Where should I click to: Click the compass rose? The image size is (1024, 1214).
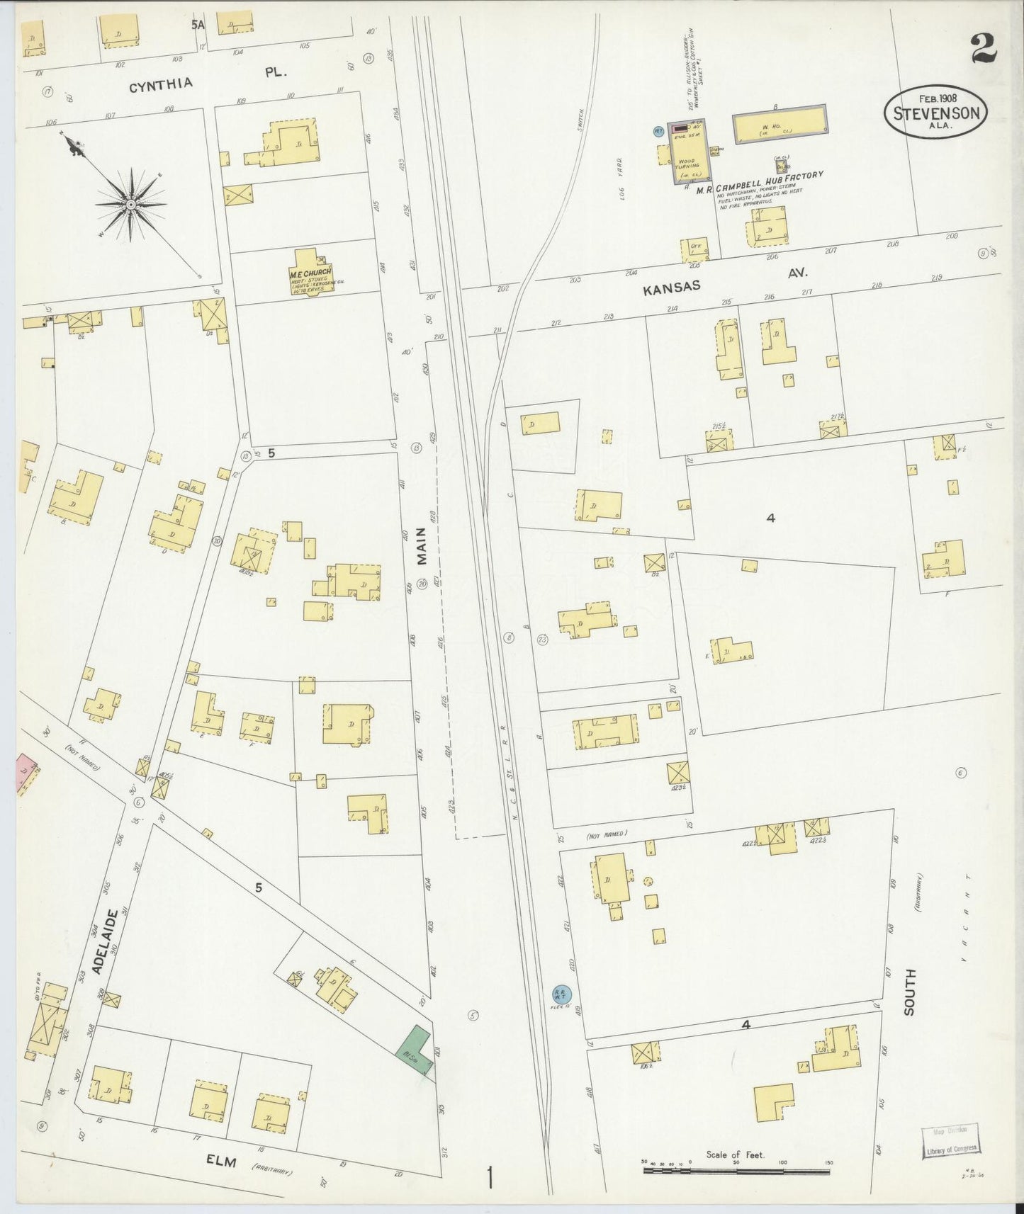[x=131, y=203]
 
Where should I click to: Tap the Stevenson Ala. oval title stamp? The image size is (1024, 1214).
[x=935, y=113]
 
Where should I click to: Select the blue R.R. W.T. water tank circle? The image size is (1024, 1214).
[x=560, y=994]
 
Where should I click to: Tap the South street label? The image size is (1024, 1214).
[x=909, y=992]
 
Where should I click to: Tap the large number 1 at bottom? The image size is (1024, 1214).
[x=489, y=1179]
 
